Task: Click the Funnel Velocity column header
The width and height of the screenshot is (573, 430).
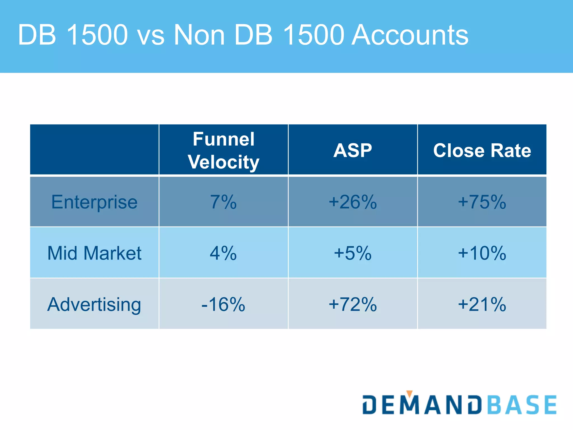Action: click(224, 150)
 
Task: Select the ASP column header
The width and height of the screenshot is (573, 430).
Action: click(353, 150)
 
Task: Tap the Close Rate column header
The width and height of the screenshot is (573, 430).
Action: click(482, 150)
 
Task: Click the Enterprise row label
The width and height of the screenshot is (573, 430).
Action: click(94, 202)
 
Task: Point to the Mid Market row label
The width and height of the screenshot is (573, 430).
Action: click(94, 253)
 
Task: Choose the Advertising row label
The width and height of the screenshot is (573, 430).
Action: click(94, 304)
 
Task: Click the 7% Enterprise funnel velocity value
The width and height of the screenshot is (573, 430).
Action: click(223, 202)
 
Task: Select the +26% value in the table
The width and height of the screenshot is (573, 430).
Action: click(353, 202)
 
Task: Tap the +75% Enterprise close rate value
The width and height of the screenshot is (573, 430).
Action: click(482, 202)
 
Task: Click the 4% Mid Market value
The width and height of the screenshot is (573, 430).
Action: click(223, 253)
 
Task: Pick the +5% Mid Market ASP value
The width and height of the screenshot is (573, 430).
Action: click(353, 253)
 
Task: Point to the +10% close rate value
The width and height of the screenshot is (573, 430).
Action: click(482, 253)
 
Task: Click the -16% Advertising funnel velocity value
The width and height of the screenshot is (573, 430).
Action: click(223, 304)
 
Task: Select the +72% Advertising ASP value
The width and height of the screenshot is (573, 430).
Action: click(353, 304)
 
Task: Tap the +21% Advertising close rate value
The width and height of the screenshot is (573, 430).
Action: click(482, 304)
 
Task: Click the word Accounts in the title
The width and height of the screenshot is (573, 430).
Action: click(410, 35)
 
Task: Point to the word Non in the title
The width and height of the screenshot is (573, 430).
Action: click(199, 35)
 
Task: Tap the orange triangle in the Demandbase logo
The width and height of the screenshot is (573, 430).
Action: click(409, 394)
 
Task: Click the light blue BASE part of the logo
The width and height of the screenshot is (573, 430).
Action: click(522, 405)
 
